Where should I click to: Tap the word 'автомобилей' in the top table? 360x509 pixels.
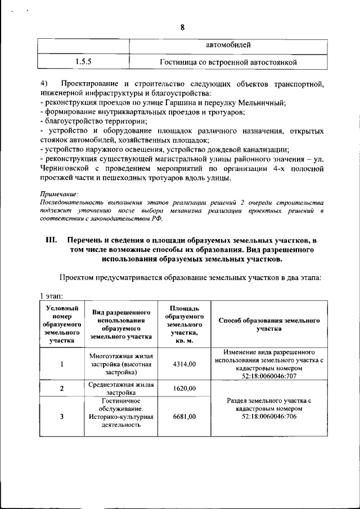click(228, 44)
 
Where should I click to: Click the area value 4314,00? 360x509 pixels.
click(184, 364)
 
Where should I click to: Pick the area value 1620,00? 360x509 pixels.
click(184, 388)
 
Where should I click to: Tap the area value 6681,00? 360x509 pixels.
click(184, 416)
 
